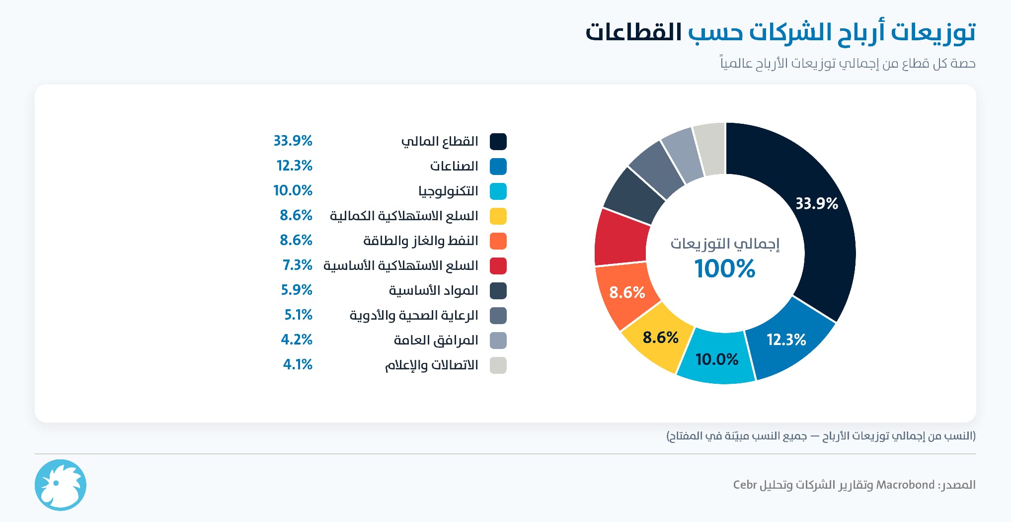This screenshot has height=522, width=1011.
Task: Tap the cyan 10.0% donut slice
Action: coord(716,358)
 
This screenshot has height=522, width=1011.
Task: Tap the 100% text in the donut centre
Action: coord(725,268)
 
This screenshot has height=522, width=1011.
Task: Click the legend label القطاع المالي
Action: coord(440,142)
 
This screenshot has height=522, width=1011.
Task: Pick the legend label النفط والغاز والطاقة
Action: coord(421,241)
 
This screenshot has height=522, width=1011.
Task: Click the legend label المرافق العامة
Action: coord(436,341)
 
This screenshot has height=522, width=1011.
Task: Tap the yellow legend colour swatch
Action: coord(498,216)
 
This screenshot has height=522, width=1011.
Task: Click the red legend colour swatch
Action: coord(498,266)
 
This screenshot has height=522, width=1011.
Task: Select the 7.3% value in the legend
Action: coord(297,265)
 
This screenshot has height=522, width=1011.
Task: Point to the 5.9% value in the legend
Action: coord(297,290)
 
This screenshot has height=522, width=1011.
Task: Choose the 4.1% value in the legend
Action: coord(298,364)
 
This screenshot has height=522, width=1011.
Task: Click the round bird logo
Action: coord(61,485)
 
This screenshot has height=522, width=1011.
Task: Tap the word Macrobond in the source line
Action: coord(905,485)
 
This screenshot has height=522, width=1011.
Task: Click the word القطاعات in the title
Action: coord(633,32)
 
